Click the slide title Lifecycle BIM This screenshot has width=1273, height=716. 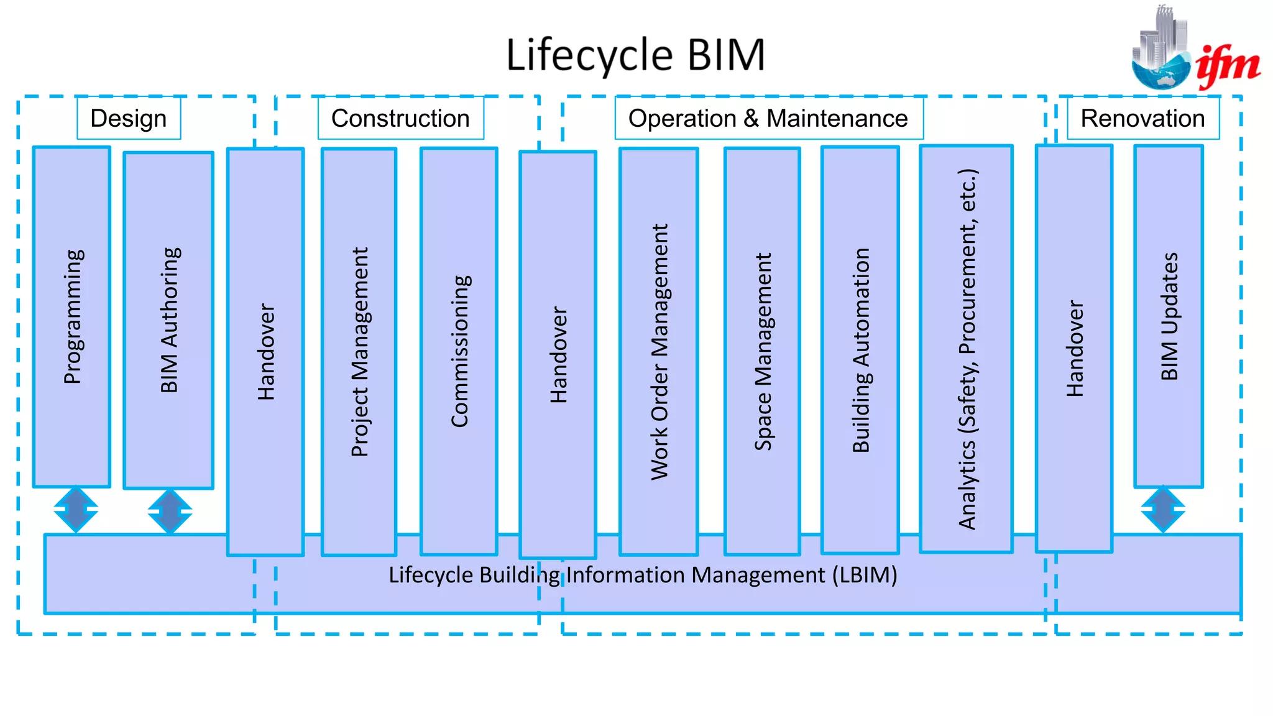pyautogui.click(x=635, y=55)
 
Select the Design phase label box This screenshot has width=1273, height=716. pyautogui.click(x=129, y=118)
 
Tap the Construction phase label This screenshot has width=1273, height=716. pyautogui.click(x=400, y=118)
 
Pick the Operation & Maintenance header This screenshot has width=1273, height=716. pyautogui.click(x=768, y=118)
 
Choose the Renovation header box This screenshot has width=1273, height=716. pyautogui.click(x=1142, y=118)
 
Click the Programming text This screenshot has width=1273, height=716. pyautogui.click(x=73, y=317)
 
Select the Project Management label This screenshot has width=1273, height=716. pyautogui.click(x=359, y=352)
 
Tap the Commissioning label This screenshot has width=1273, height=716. pyautogui.click(x=459, y=351)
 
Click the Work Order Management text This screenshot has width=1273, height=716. pyautogui.click(x=659, y=352)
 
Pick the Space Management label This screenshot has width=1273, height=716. pyautogui.click(x=763, y=352)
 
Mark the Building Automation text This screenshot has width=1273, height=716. pyautogui.click(x=860, y=350)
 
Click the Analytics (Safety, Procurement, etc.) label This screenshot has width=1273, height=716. pyautogui.click(x=967, y=349)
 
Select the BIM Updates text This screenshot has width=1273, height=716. pyautogui.click(x=1169, y=316)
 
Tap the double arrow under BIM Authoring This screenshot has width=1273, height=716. pyautogui.click(x=170, y=512)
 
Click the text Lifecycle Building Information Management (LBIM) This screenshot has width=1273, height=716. pyautogui.click(x=643, y=575)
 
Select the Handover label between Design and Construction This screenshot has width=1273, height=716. pyautogui.click(x=265, y=352)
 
